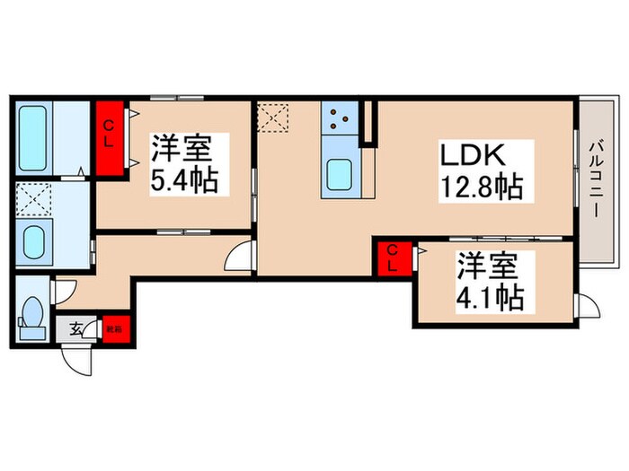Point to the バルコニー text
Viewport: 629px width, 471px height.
594,180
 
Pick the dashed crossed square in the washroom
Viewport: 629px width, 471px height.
35,199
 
